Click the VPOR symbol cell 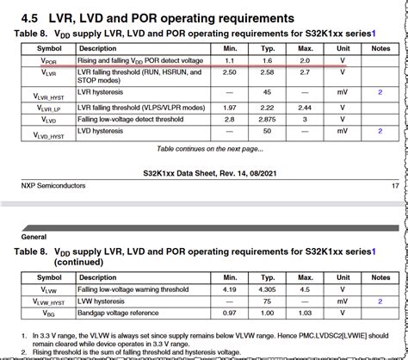click(48, 60)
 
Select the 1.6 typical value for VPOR click(268, 60)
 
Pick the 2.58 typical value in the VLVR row click(268, 75)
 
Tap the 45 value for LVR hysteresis click(268, 91)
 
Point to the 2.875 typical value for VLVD click(268, 119)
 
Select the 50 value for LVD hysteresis click(268, 131)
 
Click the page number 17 click(394, 185)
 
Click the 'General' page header click(34, 234)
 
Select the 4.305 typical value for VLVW click(268, 290)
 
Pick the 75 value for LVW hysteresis click(268, 302)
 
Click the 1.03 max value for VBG click(305, 314)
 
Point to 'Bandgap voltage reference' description click(122, 314)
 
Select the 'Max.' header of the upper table click(305, 48)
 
